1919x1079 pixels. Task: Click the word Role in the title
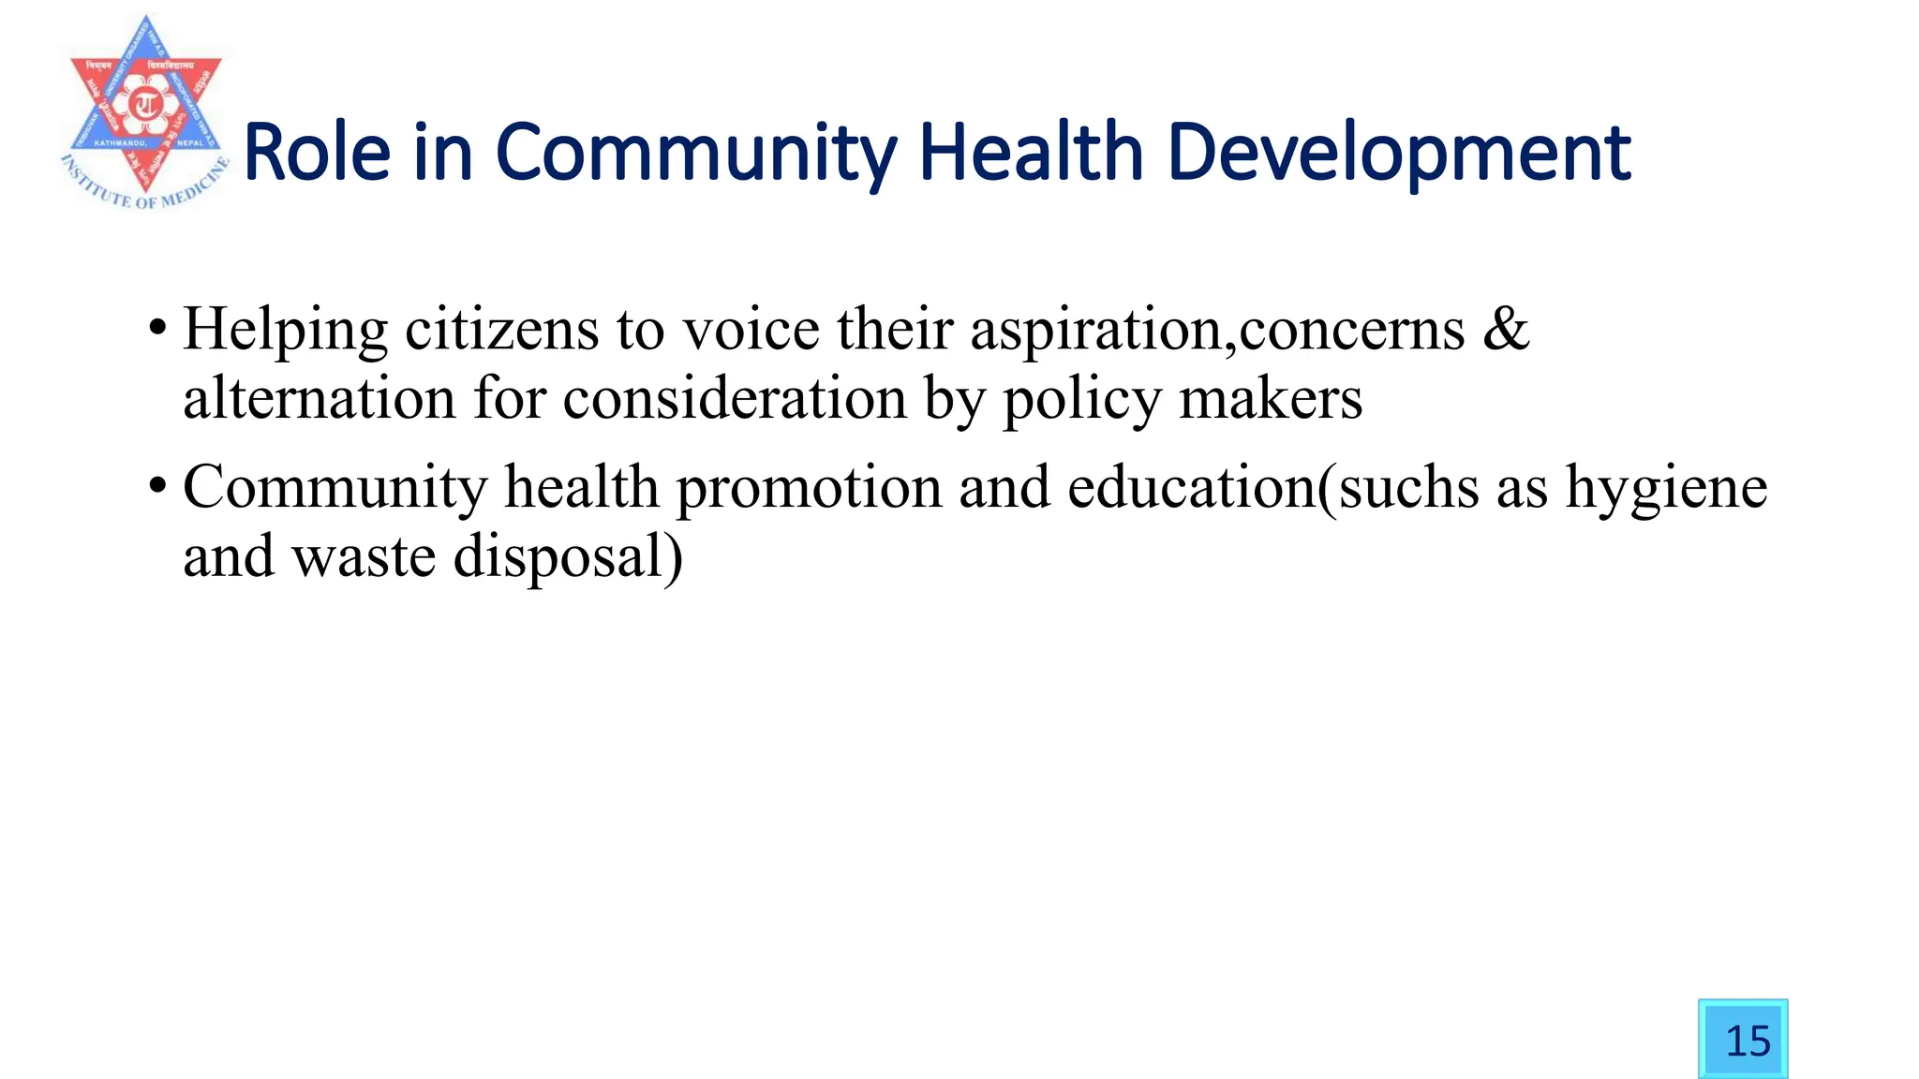[317, 152]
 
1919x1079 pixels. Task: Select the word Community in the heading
[695, 154]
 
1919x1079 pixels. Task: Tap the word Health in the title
[1031, 152]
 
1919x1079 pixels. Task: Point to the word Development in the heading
[1399, 154]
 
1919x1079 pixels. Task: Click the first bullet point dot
[157, 329]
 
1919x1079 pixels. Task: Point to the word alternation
[319, 399]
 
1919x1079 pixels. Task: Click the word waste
[364, 557]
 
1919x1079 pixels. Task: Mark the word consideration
[735, 399]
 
